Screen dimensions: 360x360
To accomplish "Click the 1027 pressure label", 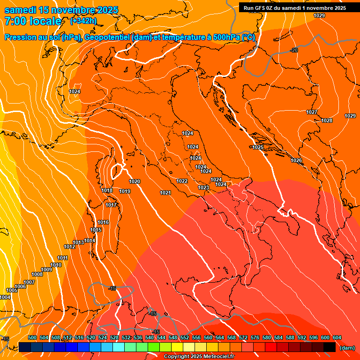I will (312, 112).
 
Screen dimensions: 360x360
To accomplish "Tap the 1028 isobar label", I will (327, 120).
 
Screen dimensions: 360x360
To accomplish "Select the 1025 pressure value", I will (258, 147).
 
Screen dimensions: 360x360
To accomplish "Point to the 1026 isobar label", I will (296, 160).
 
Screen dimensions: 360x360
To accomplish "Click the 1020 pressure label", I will (135, 181).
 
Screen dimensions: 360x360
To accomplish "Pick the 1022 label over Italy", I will (182, 181).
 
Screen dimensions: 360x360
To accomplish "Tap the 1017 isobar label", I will (111, 205).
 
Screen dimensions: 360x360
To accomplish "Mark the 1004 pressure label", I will (5, 297).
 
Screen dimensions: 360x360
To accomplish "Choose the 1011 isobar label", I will (63, 258).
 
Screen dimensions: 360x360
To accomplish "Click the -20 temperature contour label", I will (294, 50).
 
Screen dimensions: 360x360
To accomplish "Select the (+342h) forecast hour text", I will (83, 21).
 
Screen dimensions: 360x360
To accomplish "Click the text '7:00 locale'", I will (33, 21).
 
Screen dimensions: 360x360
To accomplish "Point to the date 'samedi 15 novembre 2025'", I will (61, 10).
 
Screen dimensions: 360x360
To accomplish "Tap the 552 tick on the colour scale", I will (185, 337).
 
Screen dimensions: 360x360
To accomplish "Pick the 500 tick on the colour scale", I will (32, 337).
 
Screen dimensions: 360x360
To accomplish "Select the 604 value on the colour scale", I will (337, 337).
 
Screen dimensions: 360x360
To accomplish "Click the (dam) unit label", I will (347, 348).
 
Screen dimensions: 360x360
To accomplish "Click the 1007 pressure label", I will (29, 282).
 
